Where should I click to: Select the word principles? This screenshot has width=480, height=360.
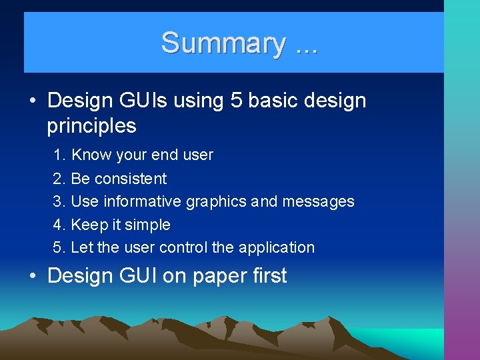91,126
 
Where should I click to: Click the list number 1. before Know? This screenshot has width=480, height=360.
60,155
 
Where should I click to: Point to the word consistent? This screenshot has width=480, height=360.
131,179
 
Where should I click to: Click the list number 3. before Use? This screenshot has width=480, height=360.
60,201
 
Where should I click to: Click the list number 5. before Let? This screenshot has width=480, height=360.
60,247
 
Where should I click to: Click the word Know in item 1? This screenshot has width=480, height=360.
92,155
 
